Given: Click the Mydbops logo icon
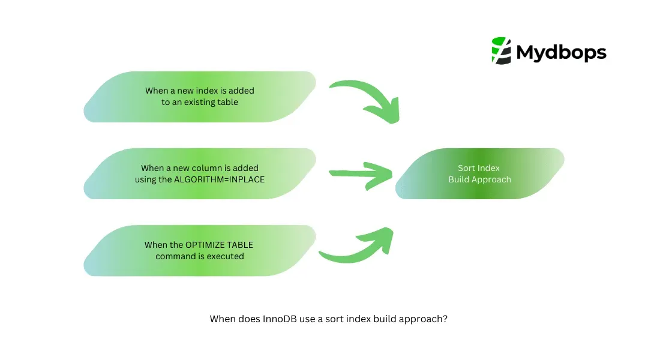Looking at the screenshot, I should (x=500, y=50).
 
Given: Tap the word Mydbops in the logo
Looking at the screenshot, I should (x=561, y=53).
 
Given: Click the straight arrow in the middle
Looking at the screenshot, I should (x=361, y=174).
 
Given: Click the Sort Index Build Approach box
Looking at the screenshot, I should (x=479, y=174).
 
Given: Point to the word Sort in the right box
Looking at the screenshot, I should (x=466, y=168).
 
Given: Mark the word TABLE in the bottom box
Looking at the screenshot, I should (x=240, y=245).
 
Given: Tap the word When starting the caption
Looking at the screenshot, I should (x=222, y=319).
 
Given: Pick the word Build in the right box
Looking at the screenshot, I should (x=459, y=179).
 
